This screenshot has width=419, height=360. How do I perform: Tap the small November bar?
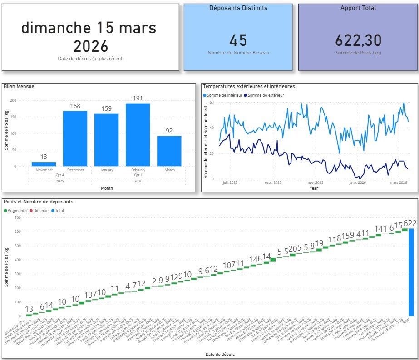tap(44, 164)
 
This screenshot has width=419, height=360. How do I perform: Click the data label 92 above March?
tap(169, 131)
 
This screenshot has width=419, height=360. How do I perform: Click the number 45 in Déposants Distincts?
tap(238, 40)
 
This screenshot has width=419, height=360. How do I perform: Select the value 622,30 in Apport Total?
tap(358, 40)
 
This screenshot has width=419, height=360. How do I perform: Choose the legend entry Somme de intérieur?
tap(225, 95)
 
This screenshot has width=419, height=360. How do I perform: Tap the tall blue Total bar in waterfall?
tap(411, 272)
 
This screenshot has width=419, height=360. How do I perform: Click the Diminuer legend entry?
tap(40, 211)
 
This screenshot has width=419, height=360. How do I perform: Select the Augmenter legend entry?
tap(18, 211)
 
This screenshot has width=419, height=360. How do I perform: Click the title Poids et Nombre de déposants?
tap(38, 202)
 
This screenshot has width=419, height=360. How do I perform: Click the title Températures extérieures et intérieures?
tap(249, 86)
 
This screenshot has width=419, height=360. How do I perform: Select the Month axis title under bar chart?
tap(107, 188)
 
